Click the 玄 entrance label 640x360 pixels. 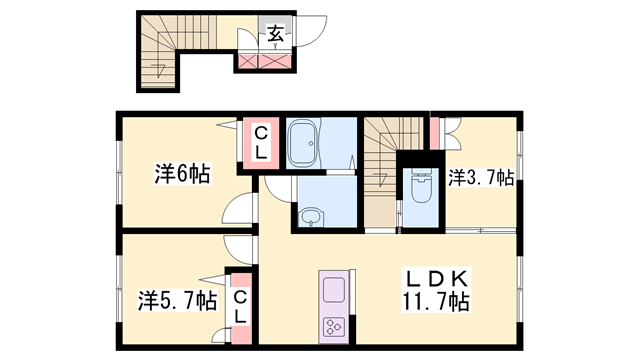coord(273,33)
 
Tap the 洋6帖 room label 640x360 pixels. coord(182,174)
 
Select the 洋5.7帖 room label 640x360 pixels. coord(177,299)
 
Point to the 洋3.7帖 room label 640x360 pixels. coord(481,178)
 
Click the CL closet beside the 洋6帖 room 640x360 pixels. coord(259,142)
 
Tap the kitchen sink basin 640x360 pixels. coord(333,292)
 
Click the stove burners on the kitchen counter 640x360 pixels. coord(333,326)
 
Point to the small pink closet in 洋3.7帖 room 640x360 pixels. coord(435,131)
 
